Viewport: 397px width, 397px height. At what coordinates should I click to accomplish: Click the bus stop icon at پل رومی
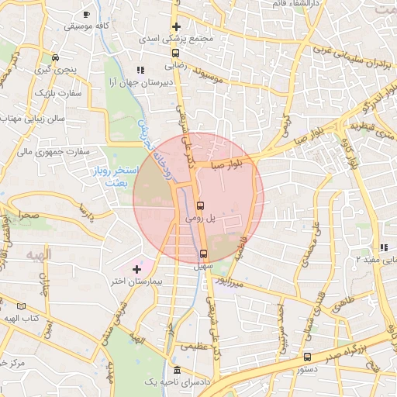pos(201,206)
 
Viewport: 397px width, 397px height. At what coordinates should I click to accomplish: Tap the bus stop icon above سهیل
pos(203,253)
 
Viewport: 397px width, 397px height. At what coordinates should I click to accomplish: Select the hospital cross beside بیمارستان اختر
pos(137,268)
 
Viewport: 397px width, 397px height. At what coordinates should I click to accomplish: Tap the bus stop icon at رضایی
pos(176,54)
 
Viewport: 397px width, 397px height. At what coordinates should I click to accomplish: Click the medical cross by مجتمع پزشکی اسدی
pos(177,27)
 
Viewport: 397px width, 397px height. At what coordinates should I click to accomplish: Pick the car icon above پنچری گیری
pos(55,57)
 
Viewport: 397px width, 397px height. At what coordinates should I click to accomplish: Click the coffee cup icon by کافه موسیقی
pos(86,14)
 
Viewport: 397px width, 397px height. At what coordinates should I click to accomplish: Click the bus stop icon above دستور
pos(308,357)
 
